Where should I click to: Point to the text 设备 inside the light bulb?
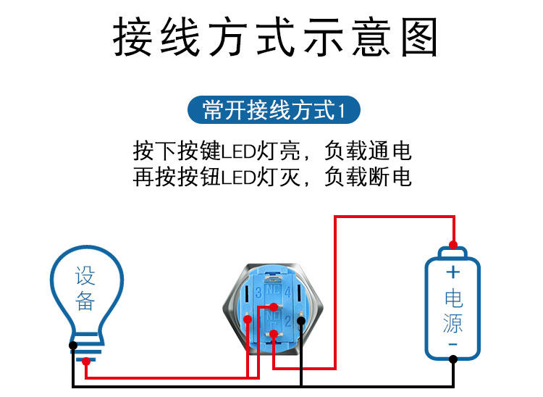point(85,288)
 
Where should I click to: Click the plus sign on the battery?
point(452,272)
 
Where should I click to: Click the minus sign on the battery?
point(452,343)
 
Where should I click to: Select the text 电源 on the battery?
point(452,310)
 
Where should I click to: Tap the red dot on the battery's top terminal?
point(452,244)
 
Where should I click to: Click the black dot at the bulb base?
point(73,345)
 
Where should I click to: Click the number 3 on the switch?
point(258,293)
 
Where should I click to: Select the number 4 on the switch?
point(288,293)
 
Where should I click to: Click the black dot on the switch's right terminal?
point(300,319)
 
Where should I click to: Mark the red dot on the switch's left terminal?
point(248,319)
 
